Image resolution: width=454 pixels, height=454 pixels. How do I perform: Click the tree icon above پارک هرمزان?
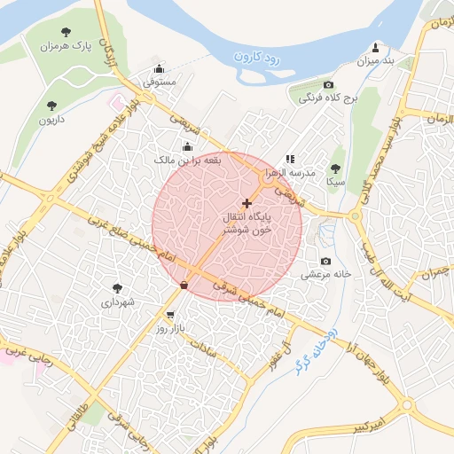coord(66,31)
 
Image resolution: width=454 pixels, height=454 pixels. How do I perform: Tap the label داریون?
coord(50,118)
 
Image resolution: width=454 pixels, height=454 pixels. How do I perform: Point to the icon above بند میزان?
coord(375,48)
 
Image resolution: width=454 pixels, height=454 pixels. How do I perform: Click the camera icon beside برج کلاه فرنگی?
coord(328,84)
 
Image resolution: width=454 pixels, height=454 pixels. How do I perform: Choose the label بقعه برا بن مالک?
coord(187,160)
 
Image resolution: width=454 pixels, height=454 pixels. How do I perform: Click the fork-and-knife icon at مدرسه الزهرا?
coord(290,159)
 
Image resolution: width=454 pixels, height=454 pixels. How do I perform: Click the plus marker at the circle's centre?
coord(247,203)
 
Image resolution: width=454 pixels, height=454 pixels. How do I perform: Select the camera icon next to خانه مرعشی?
coord(325,262)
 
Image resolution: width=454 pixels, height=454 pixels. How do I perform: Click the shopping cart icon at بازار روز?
coord(169,315)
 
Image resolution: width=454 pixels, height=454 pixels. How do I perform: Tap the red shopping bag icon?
coord(184,285)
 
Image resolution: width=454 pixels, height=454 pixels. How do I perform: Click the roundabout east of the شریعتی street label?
coord(356,215)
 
